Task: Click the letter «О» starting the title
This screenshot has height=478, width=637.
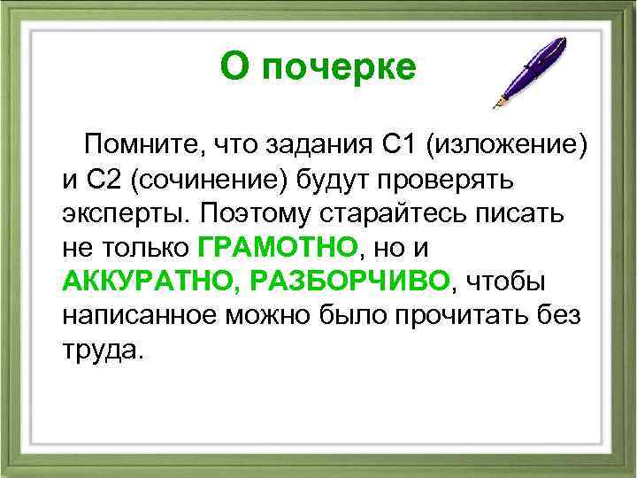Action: pos(233,67)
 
